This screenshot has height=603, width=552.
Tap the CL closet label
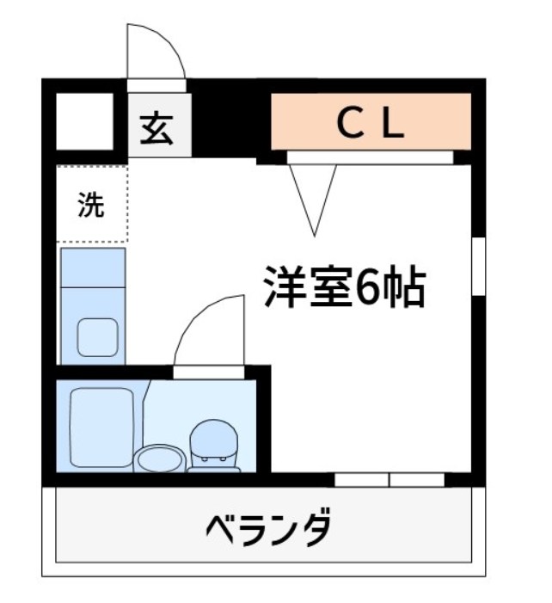coord(370,126)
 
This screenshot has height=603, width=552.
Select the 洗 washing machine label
coord(90,206)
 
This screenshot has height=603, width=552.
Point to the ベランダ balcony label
coord(267,526)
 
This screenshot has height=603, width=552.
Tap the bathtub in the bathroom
coord(101,428)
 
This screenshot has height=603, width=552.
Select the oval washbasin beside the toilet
coord(159,458)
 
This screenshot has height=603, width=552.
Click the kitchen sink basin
coord(98,336)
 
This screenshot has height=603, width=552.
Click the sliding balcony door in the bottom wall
coord(389,479)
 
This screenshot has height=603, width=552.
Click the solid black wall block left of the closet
coord(228,125)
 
